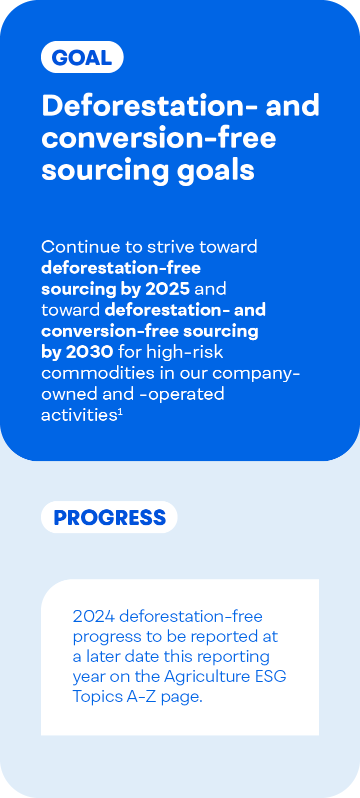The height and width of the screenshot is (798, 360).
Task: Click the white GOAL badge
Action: [82, 57]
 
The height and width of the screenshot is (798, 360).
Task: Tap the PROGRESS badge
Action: [109, 517]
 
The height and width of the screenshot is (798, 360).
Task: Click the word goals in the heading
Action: [216, 170]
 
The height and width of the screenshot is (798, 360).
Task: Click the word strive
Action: [171, 247]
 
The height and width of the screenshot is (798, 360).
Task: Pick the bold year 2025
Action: [167, 289]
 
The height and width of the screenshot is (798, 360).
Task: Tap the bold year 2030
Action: [89, 352]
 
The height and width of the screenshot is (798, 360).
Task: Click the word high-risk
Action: [185, 352]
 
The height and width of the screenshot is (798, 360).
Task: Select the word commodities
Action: [98, 373]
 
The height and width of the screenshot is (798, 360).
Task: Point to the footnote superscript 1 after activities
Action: [120, 412]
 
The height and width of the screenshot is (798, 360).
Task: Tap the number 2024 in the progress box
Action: [94, 616]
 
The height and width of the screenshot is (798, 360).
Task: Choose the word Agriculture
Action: [207, 676]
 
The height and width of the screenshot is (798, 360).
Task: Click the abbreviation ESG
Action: [271, 676]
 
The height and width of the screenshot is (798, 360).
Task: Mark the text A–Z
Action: [141, 696]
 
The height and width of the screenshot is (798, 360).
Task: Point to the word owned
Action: [69, 394]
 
